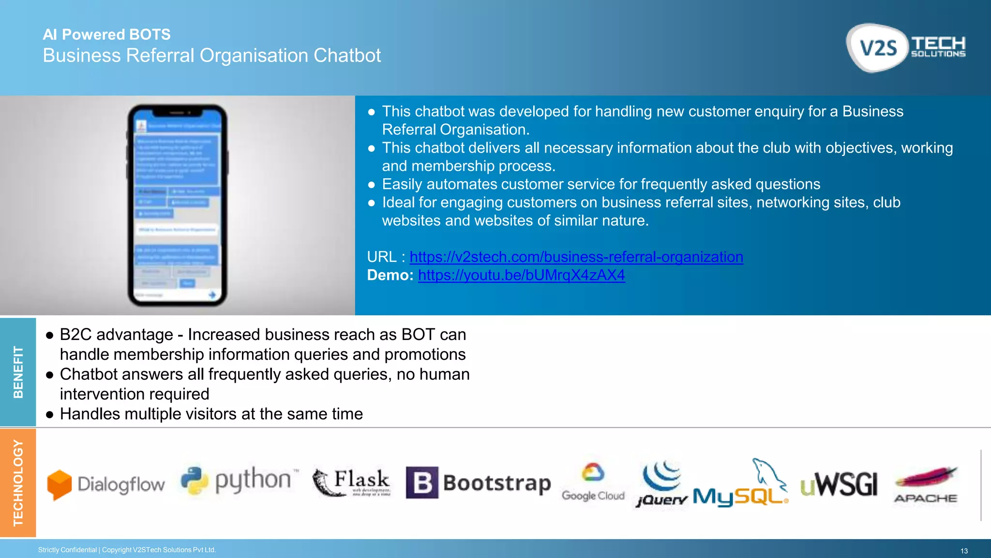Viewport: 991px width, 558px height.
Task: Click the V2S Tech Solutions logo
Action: (906, 47)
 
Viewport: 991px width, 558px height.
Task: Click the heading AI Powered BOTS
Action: (106, 34)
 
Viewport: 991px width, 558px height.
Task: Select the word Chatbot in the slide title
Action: (347, 56)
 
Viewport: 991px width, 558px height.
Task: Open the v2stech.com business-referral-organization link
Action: (576, 257)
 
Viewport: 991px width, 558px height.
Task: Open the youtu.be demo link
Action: (521, 275)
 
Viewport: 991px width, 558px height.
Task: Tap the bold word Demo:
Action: (390, 275)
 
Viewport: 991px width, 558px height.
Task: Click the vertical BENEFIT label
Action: (18, 372)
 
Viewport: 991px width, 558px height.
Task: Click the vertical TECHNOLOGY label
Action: (18, 482)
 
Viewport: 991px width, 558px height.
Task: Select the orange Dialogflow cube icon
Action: (60, 484)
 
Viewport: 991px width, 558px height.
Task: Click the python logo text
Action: (253, 480)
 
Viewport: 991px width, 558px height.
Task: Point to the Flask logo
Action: (352, 482)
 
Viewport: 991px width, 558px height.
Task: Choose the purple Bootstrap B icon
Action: (421, 482)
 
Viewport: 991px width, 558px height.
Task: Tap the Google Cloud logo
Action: (593, 482)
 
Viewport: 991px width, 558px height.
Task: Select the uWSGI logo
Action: (839, 484)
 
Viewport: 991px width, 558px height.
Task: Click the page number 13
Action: (964, 551)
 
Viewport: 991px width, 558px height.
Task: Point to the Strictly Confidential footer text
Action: (127, 550)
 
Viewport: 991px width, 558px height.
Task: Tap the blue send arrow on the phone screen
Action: (212, 294)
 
